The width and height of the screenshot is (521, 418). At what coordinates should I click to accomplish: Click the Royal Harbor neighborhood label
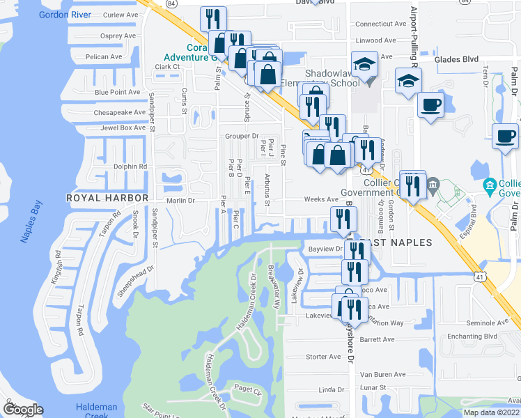[107, 199]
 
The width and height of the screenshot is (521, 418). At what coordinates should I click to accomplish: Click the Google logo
[22, 409]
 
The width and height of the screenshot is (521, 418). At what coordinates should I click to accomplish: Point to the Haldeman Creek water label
[96, 410]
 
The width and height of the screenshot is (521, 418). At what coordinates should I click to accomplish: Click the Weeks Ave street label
[320, 199]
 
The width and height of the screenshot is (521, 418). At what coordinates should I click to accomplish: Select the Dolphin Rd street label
[130, 167]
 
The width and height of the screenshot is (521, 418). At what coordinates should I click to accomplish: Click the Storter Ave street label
[323, 357]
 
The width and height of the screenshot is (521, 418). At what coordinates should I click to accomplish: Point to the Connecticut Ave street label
[380, 24]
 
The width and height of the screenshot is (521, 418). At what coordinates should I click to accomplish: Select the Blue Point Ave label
[117, 92]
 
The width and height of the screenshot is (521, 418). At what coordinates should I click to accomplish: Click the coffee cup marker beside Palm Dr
[504, 137]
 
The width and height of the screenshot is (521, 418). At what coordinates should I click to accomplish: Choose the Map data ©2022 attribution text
[491, 412]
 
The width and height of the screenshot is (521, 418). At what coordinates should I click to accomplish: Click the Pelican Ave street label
[103, 57]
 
